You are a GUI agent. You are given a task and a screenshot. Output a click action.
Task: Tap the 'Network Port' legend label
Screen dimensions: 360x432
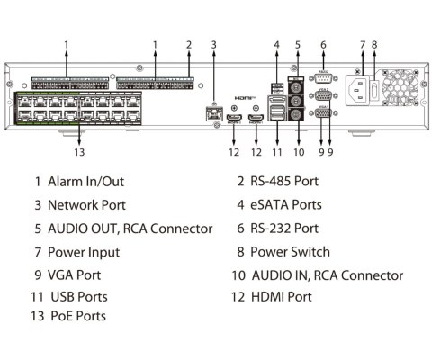[x=86, y=205]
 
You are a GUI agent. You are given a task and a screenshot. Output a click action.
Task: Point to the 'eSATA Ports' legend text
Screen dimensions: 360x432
[x=285, y=205]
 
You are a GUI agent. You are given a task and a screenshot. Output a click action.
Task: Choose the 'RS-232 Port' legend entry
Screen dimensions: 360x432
[x=284, y=229]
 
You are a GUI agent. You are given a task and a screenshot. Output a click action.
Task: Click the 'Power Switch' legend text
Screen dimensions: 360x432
[x=290, y=252]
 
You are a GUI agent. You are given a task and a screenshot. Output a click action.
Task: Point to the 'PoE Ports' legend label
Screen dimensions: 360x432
[x=76, y=316]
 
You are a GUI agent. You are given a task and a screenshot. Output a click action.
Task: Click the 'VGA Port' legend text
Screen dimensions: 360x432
[x=74, y=275]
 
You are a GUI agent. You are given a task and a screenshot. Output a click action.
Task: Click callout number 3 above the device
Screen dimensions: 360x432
[x=213, y=44]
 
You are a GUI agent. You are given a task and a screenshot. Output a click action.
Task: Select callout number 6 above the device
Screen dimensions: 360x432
[x=323, y=44]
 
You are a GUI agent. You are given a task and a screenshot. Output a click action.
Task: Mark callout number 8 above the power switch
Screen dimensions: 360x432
[x=375, y=44]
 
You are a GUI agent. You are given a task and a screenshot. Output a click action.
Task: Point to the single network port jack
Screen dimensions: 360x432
[x=214, y=112]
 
